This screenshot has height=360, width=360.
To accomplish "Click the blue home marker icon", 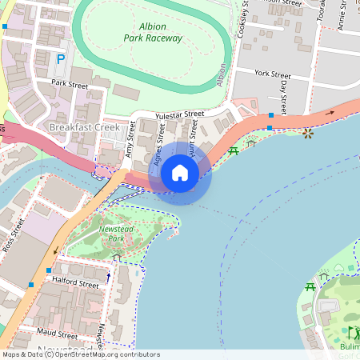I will click(x=180, y=172).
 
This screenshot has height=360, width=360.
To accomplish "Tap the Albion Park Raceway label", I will click(x=154, y=32).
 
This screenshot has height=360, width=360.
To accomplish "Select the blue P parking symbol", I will click(x=60, y=59).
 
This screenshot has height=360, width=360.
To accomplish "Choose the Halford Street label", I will click(x=74, y=283).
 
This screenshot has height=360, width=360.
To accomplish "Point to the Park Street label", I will click(x=68, y=82).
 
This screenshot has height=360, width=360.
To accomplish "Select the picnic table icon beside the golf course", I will click(x=310, y=286).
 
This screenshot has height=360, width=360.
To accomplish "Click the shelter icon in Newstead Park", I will click(x=118, y=258).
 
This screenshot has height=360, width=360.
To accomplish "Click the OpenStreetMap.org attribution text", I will click(x=96, y=354).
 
